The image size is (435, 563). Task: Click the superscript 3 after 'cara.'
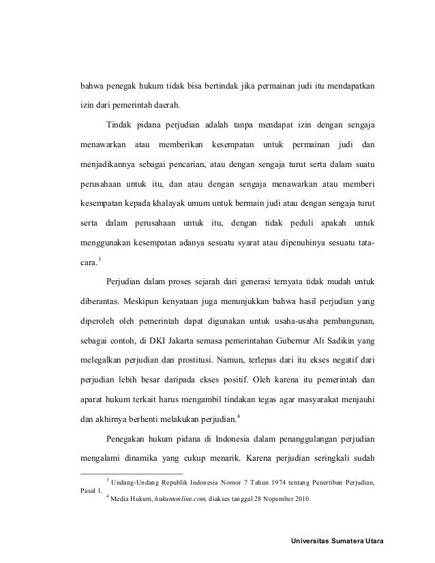[x=100, y=257]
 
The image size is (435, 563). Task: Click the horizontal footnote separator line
[x=131, y=473]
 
